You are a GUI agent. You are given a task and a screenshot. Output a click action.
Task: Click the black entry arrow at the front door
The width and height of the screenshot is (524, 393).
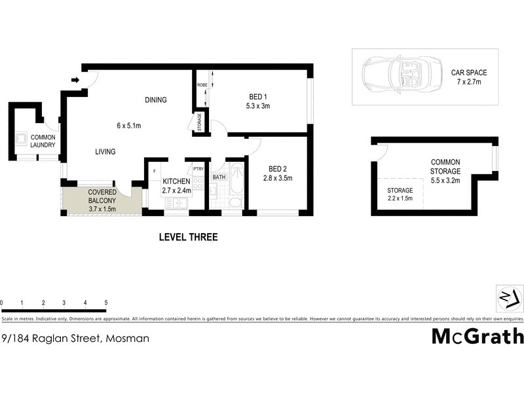click(75, 80)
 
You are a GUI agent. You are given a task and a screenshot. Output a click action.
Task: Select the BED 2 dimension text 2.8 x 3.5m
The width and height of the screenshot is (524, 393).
click(278, 178)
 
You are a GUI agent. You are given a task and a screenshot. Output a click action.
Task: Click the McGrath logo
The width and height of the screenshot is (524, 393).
click(477, 337)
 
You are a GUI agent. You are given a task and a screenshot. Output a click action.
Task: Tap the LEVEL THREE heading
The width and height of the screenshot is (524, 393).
click(189, 237)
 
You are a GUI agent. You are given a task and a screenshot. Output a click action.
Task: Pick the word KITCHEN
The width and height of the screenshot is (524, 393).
click(176, 181)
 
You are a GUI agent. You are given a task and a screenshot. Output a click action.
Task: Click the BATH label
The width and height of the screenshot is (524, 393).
click(219, 177)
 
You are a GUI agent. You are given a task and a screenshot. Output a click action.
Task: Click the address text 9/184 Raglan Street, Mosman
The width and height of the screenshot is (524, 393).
click(75, 339)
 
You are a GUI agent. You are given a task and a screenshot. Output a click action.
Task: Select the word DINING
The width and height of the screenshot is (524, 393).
click(156, 100)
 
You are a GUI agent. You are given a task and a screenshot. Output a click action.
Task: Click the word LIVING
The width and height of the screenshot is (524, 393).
click(105, 152)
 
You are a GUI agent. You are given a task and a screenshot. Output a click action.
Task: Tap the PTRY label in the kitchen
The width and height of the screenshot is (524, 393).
click(198, 169)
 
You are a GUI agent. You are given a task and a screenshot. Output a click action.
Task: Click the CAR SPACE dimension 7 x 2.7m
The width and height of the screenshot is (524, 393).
click(469, 83)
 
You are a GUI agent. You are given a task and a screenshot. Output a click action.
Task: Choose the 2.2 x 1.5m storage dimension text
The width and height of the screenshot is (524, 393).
click(400, 198)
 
